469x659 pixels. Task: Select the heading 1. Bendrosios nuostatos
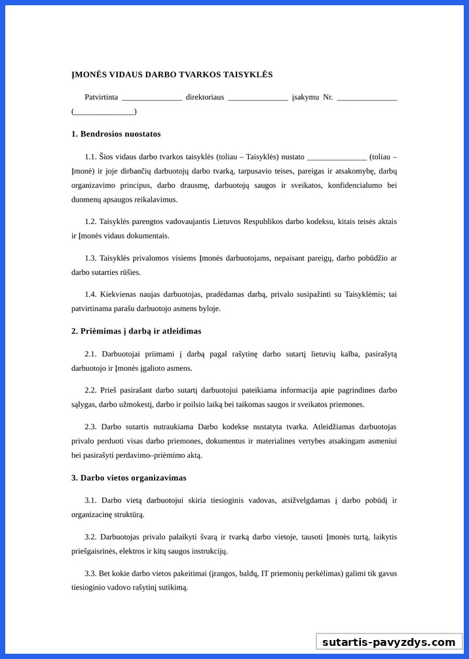click(116, 134)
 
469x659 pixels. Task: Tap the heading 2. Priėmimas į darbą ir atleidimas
click(136, 331)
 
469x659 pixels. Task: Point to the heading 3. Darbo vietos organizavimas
click(129, 478)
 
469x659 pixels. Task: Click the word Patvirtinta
click(102, 98)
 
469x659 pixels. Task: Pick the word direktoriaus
click(205, 98)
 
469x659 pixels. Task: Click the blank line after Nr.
click(367, 98)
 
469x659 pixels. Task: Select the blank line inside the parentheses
click(104, 111)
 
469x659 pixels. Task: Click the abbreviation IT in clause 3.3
click(265, 573)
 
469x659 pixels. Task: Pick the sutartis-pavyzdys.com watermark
click(388, 642)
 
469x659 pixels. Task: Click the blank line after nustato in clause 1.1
click(336, 157)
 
